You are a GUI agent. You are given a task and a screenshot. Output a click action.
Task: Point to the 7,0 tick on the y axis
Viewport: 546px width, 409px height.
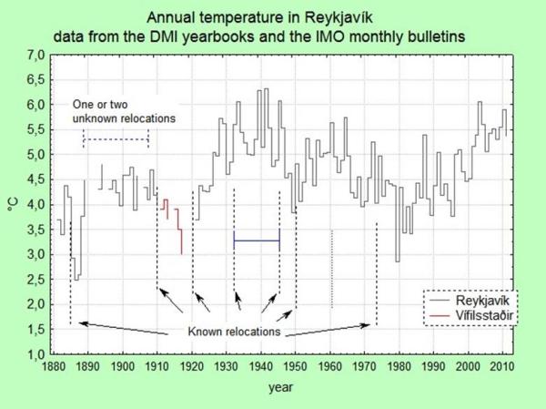pyautogui.click(x=35, y=56)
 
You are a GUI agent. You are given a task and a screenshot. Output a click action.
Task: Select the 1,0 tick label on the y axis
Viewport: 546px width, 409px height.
pyautogui.click(x=35, y=353)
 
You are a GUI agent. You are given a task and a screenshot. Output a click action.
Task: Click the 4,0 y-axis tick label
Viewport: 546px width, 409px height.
pyautogui.click(x=35, y=204)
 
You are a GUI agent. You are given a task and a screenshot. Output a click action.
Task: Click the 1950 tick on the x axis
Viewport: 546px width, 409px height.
pyautogui.click(x=296, y=367)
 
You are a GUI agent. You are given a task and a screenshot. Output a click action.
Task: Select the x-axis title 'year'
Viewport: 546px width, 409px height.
pyautogui.click(x=279, y=389)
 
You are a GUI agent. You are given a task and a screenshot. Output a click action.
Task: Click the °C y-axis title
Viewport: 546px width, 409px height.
pyautogui.click(x=13, y=204)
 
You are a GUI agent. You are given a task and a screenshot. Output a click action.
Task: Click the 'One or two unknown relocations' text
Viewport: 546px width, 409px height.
pyautogui.click(x=124, y=111)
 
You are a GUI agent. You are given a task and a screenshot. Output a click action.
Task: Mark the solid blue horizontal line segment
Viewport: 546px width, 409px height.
pyautogui.click(x=257, y=240)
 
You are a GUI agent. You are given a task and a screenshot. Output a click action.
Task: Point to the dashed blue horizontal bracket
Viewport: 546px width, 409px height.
pyautogui.click(x=116, y=139)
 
